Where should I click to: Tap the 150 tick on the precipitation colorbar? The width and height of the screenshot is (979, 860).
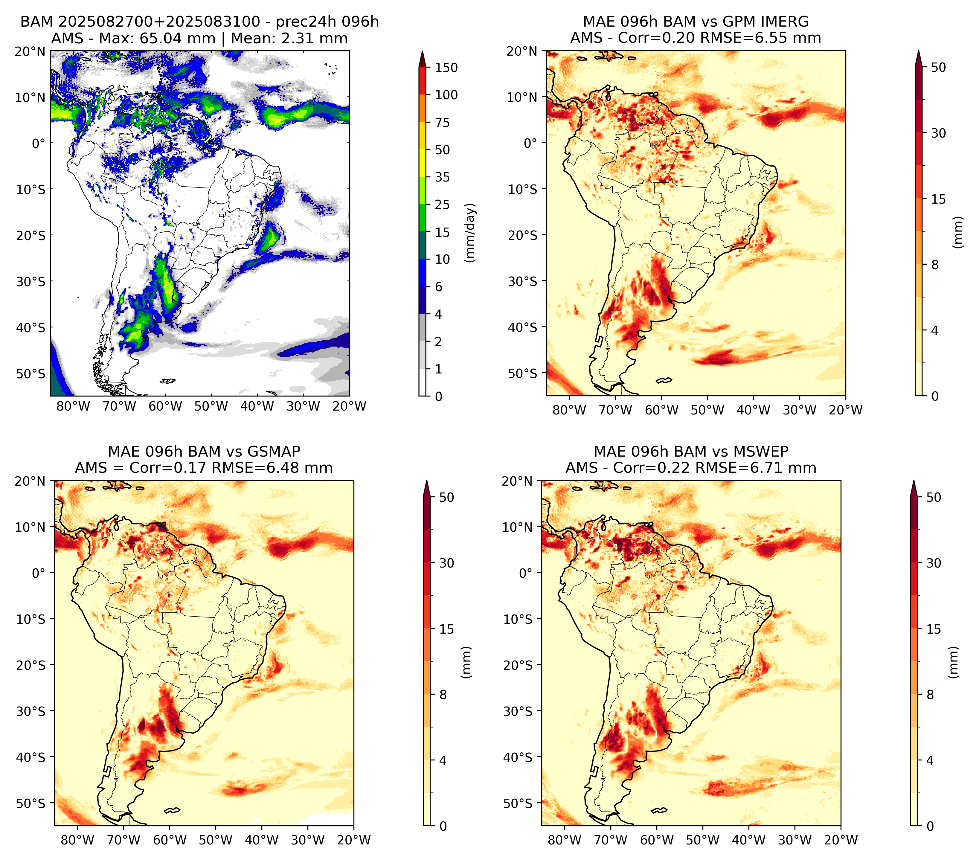tap(446, 68)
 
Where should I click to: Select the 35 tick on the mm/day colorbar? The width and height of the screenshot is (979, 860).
tap(442, 177)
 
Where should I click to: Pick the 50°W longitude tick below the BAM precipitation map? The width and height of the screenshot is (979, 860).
tap(211, 407)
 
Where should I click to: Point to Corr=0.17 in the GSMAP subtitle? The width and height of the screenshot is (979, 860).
tap(168, 468)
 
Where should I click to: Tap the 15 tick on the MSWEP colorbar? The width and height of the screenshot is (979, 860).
tap(934, 629)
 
